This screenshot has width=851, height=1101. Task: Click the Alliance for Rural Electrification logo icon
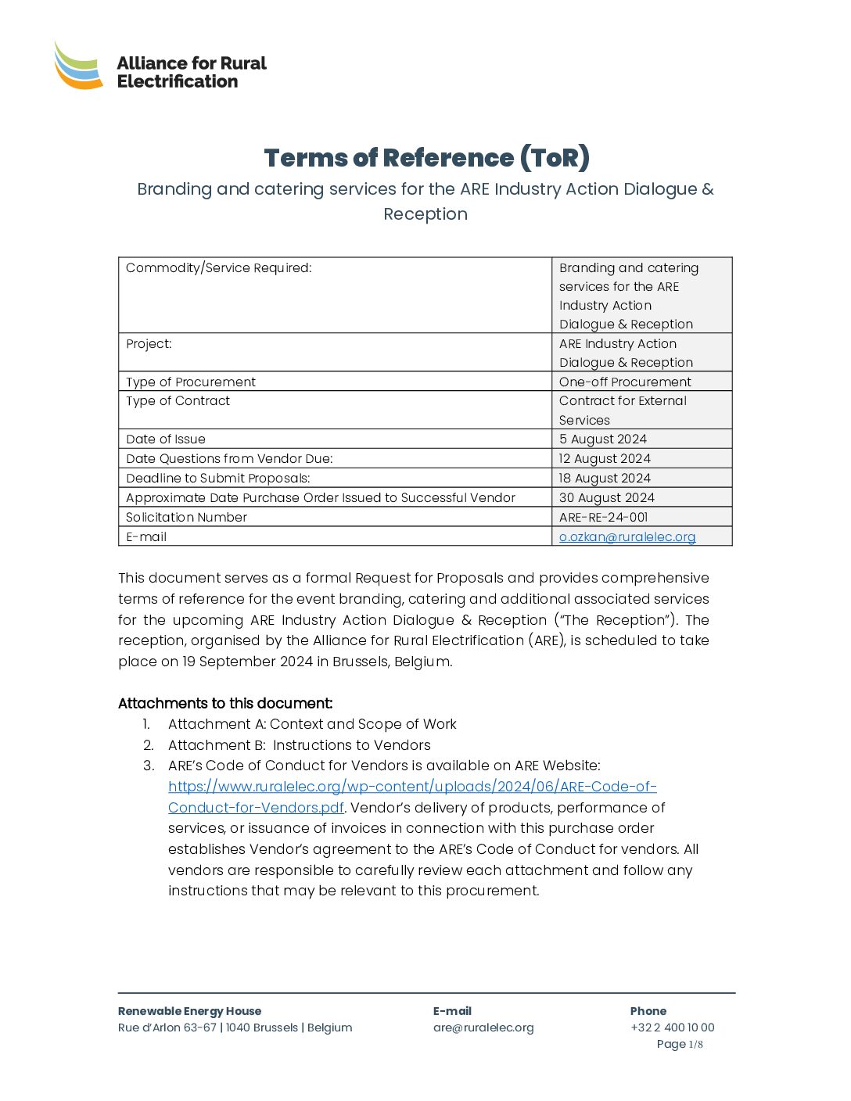coord(78,66)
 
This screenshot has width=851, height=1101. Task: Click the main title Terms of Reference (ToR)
coord(426,158)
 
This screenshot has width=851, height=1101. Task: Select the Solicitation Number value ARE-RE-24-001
coord(603,518)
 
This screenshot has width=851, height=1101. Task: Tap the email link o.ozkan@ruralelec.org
coord(627,537)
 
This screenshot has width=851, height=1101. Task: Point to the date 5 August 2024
coord(602,439)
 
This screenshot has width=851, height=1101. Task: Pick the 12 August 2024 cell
coord(604,459)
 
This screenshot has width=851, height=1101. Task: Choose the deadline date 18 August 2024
coord(604,479)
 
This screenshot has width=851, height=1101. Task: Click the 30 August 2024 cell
coord(606,498)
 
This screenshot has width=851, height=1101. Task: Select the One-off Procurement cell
coord(624,382)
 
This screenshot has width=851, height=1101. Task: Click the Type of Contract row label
coord(178,401)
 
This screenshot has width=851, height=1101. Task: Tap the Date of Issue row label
coord(166,439)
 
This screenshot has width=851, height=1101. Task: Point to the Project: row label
coord(149,344)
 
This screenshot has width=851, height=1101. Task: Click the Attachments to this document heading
coord(225,704)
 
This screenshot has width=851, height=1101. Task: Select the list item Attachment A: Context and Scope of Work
coord(312,725)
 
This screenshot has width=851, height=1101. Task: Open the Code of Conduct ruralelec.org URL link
coord(412,787)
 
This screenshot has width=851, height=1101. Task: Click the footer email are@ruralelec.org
coord(483,1028)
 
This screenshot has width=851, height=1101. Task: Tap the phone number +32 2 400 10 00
coord(672,1028)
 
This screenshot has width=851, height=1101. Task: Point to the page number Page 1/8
coord(679,1045)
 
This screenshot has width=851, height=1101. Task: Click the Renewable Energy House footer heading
coord(189,1012)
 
